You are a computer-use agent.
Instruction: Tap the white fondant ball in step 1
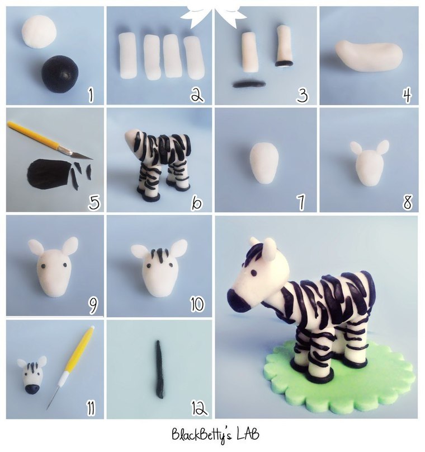pyautogui.click(x=39, y=32)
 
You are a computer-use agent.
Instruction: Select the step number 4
pyautogui.click(x=407, y=95)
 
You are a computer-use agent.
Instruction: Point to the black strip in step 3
pyautogui.click(x=249, y=84)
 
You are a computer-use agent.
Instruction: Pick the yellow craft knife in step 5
pyautogui.click(x=50, y=140)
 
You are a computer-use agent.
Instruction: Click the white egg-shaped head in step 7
pyautogui.click(x=265, y=163)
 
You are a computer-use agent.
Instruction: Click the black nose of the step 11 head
pyautogui.click(x=31, y=389)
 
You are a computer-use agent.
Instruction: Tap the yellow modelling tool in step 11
pyautogui.click(x=70, y=367)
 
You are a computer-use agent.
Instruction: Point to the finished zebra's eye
pyautogui.click(x=254, y=273)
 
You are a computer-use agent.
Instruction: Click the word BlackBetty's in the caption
pyautogui.click(x=201, y=435)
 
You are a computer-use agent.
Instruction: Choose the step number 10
pyautogui.click(x=197, y=304)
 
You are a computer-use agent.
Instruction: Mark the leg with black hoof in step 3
pyautogui.click(x=284, y=46)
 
